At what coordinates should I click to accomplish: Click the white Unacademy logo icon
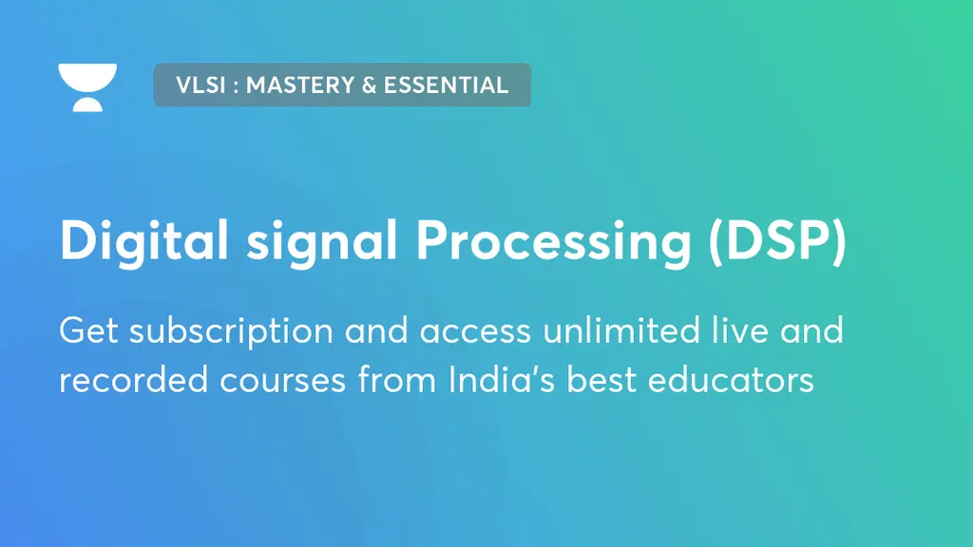[x=87, y=86]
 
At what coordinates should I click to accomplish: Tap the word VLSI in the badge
[x=200, y=85]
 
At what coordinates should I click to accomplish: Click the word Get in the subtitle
[x=88, y=331]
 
